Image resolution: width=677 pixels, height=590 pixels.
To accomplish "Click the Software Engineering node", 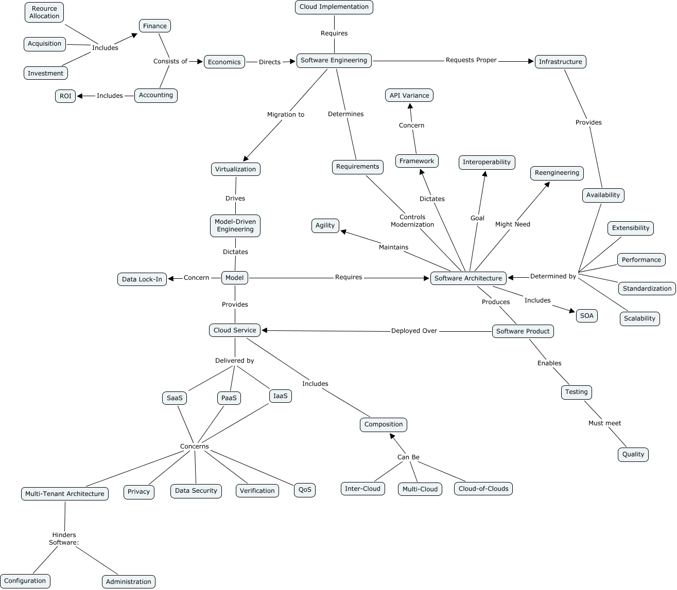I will click(x=334, y=61).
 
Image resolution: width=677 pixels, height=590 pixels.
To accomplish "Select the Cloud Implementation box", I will click(x=334, y=7).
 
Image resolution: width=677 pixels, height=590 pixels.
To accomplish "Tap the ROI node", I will click(x=65, y=96).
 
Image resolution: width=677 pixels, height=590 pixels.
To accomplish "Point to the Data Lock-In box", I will click(x=142, y=279).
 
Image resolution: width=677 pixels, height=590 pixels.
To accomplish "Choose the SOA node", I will click(x=586, y=316).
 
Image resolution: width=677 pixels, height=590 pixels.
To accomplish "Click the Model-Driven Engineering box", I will click(x=235, y=226).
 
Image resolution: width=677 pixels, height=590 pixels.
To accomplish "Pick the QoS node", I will click(x=305, y=490).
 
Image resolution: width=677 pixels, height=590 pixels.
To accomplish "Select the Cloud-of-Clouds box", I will click(x=483, y=489).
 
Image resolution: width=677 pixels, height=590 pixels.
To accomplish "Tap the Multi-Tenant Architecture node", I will click(x=65, y=494).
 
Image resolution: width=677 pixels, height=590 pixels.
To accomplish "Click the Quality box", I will click(x=633, y=454).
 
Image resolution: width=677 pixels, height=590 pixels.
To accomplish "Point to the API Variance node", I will click(x=409, y=96).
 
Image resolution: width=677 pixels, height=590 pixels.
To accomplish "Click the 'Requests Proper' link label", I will click(x=471, y=60).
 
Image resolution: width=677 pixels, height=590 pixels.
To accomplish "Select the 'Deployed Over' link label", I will click(x=414, y=331).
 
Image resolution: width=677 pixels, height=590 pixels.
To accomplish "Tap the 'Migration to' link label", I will click(x=286, y=115).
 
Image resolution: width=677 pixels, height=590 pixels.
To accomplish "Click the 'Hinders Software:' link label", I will click(x=64, y=539).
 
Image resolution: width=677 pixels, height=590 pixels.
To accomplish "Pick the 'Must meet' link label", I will click(x=604, y=423).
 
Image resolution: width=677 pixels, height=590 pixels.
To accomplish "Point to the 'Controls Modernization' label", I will click(x=412, y=221).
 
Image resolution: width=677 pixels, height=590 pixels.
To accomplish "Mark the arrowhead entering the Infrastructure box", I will click(x=531, y=62).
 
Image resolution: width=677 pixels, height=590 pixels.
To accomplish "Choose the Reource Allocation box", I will click(x=44, y=12).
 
